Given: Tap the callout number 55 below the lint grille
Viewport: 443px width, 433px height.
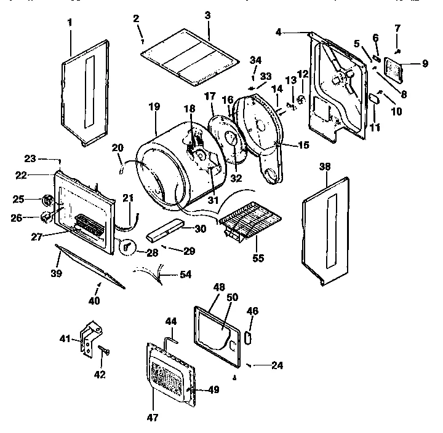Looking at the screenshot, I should click(258, 259).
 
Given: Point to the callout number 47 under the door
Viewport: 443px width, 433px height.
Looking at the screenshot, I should click(153, 418).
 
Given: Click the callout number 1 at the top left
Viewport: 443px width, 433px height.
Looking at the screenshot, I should click(70, 23).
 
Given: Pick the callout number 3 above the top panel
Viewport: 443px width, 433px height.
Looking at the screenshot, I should click(208, 14).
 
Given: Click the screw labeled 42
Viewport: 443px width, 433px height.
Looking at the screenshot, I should click(102, 351).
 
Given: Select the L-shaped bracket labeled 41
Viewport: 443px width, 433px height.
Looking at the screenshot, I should click(89, 337).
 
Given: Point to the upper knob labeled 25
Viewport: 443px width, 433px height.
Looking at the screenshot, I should click(47, 200).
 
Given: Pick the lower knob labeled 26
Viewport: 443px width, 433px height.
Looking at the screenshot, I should click(45, 216).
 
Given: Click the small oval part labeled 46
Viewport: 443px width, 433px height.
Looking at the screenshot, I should click(248, 338).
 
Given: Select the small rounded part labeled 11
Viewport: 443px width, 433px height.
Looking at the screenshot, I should click(373, 99).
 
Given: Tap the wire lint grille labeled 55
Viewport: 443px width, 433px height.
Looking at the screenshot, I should click(249, 217).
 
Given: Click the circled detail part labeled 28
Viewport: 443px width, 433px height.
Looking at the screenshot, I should click(127, 247).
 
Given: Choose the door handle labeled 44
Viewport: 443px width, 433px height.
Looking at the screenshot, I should click(172, 337).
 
